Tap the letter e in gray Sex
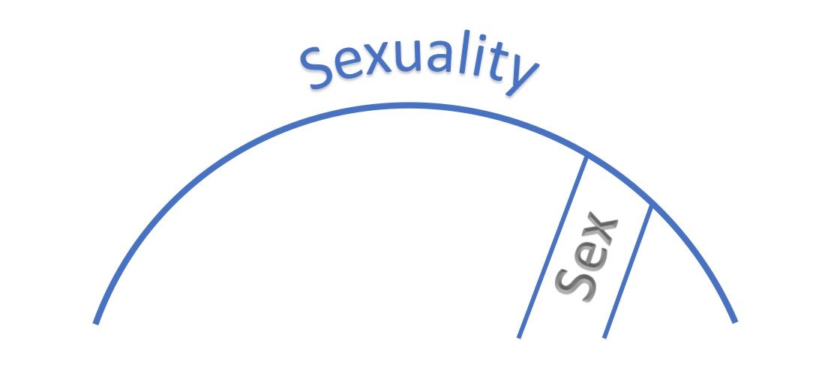(x=587, y=258)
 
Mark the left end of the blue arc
(x=96, y=323)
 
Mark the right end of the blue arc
(x=735, y=321)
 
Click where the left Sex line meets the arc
(x=586, y=157)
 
